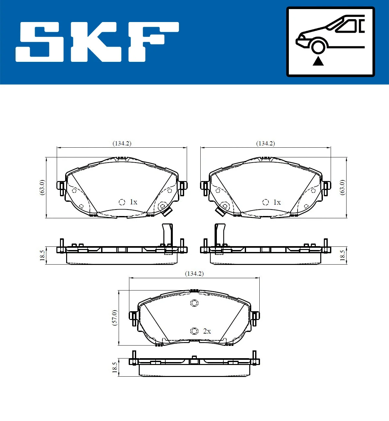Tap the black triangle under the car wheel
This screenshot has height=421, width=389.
coord(318,61)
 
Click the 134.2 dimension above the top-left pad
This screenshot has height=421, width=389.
coord(122,143)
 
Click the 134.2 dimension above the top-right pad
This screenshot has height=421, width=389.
coord(265,143)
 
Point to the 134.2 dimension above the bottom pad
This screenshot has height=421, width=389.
coord(194,274)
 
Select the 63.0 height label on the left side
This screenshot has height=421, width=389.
coord(42,187)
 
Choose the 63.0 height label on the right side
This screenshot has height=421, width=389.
coord(342,187)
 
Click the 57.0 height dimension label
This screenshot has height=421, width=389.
coord(114,317)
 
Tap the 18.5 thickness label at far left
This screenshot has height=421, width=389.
coord(42,255)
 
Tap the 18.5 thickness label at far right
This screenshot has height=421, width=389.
coord(342,255)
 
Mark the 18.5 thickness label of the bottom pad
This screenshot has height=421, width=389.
coord(114,367)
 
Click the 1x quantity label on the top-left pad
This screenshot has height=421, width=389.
coord(133,202)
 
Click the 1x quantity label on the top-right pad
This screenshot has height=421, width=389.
coord(277,202)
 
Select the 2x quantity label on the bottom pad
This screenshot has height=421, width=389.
coord(207,331)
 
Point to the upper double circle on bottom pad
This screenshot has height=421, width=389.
coord(194,303)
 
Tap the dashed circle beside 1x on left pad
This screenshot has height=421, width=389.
coord(122,202)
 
